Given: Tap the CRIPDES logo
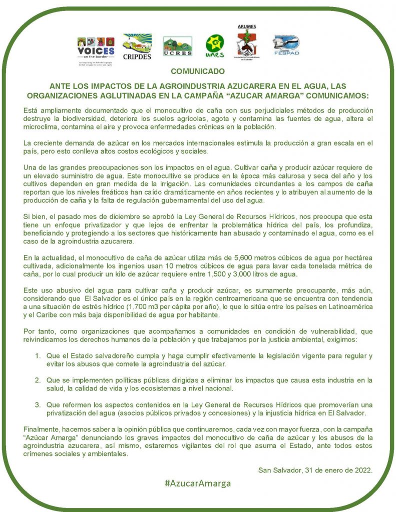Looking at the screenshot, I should coord(137,46).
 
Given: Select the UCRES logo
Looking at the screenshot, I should coord(177,46).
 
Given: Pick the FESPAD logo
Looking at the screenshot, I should coord(286,45).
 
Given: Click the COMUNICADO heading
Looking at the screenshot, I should coord(198,71).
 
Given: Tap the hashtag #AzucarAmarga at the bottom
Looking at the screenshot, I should coord(198,483).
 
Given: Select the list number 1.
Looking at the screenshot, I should coord(38,355).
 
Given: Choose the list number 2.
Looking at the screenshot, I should coord(38,380).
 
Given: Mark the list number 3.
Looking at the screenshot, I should coord(38,404).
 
